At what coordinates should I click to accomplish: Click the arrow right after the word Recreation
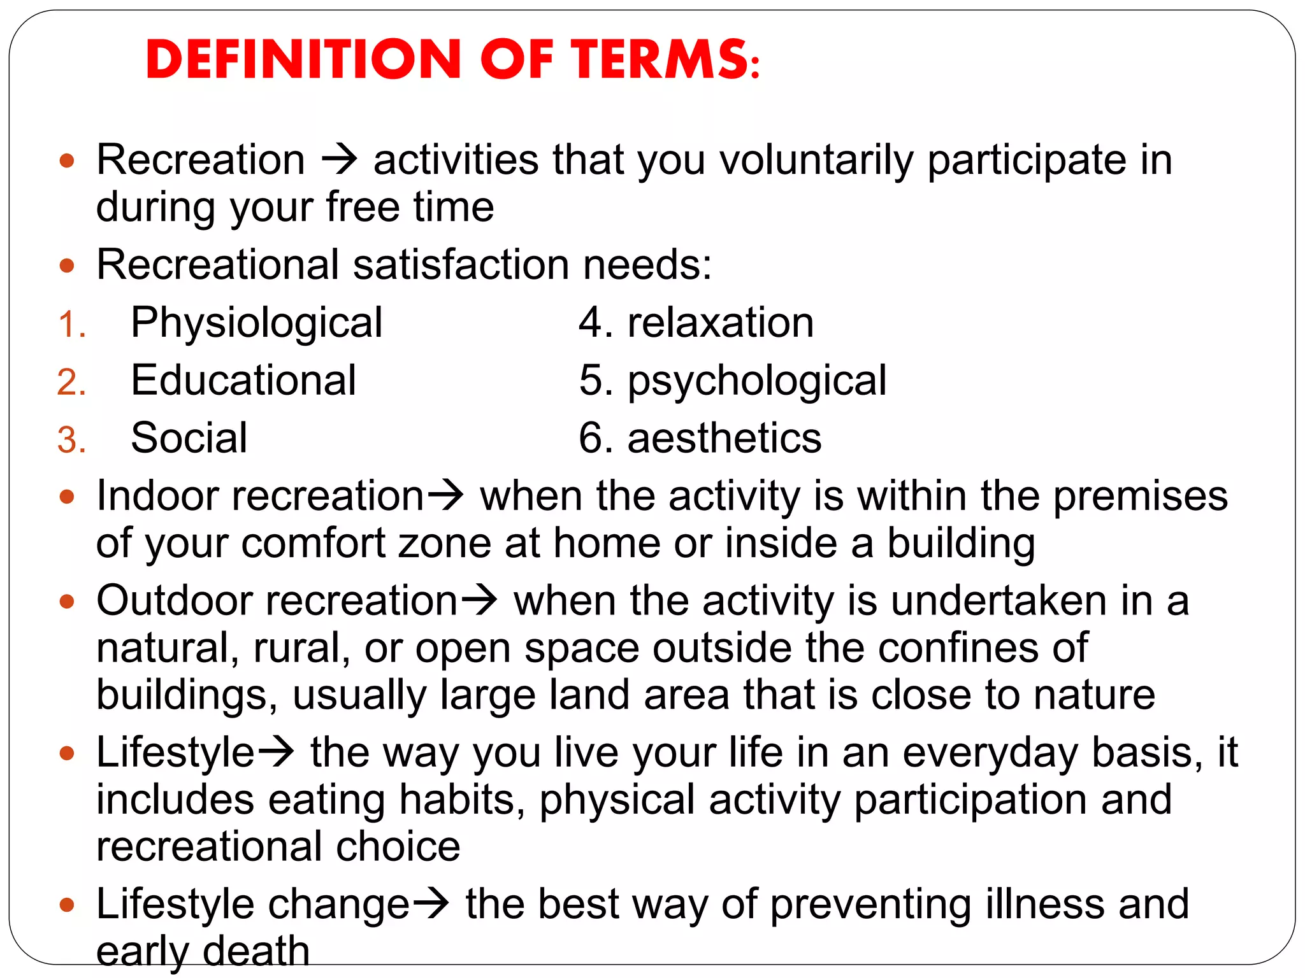pos(339,159)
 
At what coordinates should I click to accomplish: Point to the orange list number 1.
pos(70,325)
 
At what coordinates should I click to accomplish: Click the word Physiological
pos(256,323)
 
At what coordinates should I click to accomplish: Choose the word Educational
pos(243,381)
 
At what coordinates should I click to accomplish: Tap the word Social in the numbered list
pos(189,439)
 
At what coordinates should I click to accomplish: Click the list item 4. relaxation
pos(696,323)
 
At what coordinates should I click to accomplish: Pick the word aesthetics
pos(725,439)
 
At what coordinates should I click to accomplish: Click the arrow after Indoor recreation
pos(445,496)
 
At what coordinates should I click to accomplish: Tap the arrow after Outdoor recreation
pos(479,600)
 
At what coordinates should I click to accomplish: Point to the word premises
pos(1140,497)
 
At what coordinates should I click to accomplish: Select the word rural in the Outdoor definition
pos(301,648)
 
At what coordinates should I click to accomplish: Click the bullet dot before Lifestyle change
pos(67,905)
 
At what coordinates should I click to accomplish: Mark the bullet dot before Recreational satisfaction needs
pos(67,265)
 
